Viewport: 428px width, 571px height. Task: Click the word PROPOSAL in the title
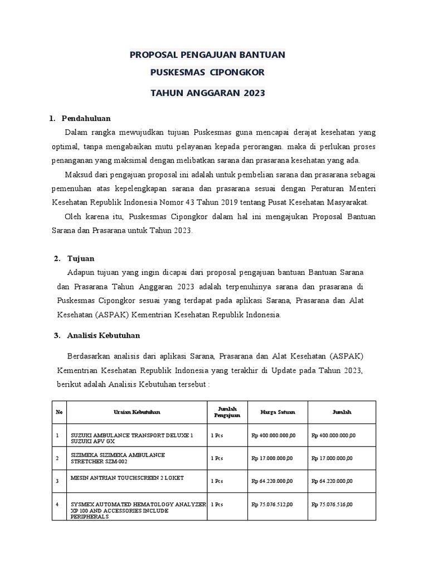point(152,55)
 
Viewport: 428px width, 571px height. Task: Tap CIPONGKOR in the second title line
point(238,73)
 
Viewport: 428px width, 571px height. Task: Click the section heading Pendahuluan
point(86,118)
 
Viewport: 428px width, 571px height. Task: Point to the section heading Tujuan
point(81,259)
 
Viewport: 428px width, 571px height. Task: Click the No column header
point(59,412)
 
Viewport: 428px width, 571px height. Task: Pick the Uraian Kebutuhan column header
point(137,412)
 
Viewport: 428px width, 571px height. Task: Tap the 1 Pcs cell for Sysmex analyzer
point(217,504)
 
